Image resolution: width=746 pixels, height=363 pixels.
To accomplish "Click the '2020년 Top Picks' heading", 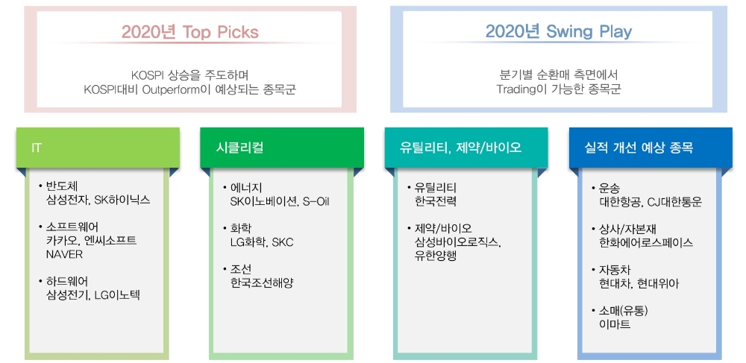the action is [x=189, y=32].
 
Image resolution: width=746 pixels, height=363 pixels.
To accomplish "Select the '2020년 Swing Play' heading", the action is [x=559, y=32].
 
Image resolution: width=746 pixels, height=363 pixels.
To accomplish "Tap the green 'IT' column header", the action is [x=98, y=148].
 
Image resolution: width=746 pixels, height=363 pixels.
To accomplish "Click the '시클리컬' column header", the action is [x=282, y=148].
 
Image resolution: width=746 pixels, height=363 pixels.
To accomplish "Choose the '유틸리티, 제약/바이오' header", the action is [x=466, y=148].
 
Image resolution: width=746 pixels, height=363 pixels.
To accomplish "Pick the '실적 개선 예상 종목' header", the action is [x=651, y=148].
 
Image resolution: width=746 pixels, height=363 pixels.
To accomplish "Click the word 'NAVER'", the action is [x=64, y=254].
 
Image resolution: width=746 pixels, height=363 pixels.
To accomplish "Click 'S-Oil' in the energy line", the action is [x=316, y=201].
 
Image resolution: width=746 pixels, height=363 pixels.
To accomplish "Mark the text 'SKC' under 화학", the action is [x=283, y=242].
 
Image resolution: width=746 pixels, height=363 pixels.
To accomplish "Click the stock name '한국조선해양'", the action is [x=262, y=283].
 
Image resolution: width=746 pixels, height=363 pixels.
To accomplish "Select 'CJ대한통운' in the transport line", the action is [x=674, y=202].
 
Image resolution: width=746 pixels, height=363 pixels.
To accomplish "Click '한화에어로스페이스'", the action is [x=647, y=243].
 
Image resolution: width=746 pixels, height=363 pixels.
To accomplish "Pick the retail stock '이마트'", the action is [x=615, y=324].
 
